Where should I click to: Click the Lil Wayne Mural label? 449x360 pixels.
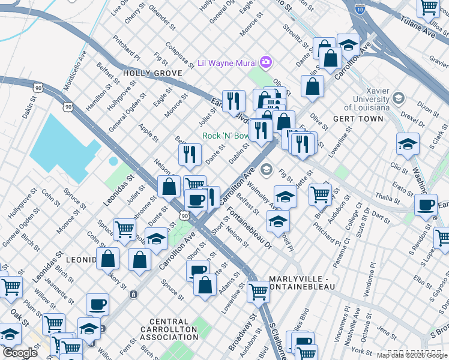tap(228, 63)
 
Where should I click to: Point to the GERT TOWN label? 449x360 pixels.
tap(358, 119)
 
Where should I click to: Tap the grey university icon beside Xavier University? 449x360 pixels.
tap(397, 97)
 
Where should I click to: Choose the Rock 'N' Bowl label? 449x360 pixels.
tap(225, 136)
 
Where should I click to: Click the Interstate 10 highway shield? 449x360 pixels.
tap(360, 10)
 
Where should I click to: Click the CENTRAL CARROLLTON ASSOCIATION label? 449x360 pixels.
tap(169, 329)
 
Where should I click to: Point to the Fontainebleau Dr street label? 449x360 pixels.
tap(249, 227)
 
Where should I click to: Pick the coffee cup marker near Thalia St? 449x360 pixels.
tap(426, 205)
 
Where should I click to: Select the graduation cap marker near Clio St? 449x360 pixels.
tap(408, 144)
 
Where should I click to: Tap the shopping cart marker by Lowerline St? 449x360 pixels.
tap(258, 292)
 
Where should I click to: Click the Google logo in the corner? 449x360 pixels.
tap(20, 353)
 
